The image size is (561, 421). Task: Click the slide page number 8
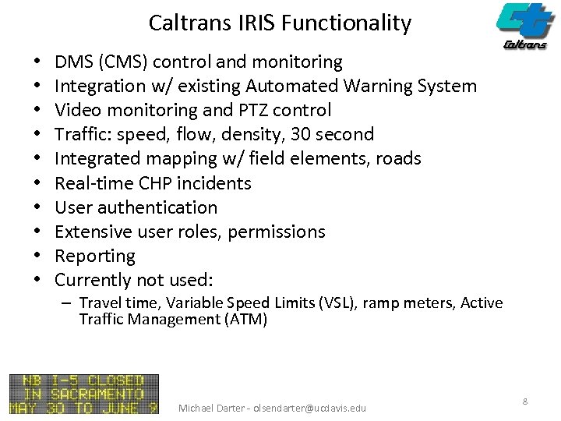525,401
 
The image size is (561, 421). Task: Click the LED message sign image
84,394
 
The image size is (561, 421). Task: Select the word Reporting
95,256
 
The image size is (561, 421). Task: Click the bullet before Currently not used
37,280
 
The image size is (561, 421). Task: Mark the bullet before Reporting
37,256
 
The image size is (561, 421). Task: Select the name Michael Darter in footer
210,408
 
